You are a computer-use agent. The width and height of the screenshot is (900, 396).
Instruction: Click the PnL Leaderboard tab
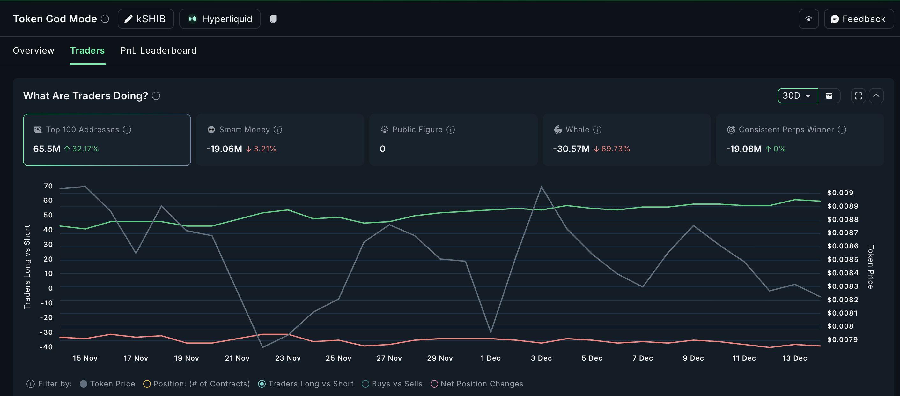click(x=158, y=51)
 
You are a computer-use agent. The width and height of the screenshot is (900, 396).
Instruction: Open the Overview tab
click(x=33, y=51)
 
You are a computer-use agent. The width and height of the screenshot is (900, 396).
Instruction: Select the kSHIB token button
click(x=146, y=19)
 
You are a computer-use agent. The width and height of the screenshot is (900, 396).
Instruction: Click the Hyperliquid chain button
click(x=220, y=19)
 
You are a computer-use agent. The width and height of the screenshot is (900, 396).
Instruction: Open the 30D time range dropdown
click(x=797, y=96)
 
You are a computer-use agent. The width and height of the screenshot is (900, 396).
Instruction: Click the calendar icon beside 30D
click(x=829, y=96)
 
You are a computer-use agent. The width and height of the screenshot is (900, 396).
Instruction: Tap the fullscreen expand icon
click(x=858, y=96)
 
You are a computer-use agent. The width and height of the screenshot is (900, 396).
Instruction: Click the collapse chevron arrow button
click(x=876, y=96)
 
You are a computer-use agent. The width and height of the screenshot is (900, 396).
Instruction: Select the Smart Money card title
click(x=244, y=130)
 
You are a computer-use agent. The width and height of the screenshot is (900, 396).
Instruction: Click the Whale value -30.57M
click(x=571, y=149)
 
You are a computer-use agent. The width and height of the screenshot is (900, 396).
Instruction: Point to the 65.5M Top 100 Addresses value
click(x=47, y=149)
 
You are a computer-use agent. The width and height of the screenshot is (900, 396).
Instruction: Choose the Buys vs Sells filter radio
click(x=365, y=384)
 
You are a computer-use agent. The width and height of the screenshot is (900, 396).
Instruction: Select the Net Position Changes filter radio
click(x=434, y=384)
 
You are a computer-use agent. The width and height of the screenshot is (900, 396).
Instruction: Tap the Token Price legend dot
click(x=84, y=384)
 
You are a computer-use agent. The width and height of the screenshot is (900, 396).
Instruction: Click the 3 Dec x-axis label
click(x=541, y=358)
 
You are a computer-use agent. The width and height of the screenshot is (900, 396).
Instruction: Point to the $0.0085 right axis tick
click(x=843, y=260)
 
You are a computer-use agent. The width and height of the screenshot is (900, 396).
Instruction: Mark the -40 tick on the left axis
click(x=46, y=347)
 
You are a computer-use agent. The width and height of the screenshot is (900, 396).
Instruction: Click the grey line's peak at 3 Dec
click(x=541, y=187)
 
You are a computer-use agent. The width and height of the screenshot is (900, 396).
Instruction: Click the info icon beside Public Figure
click(x=451, y=130)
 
